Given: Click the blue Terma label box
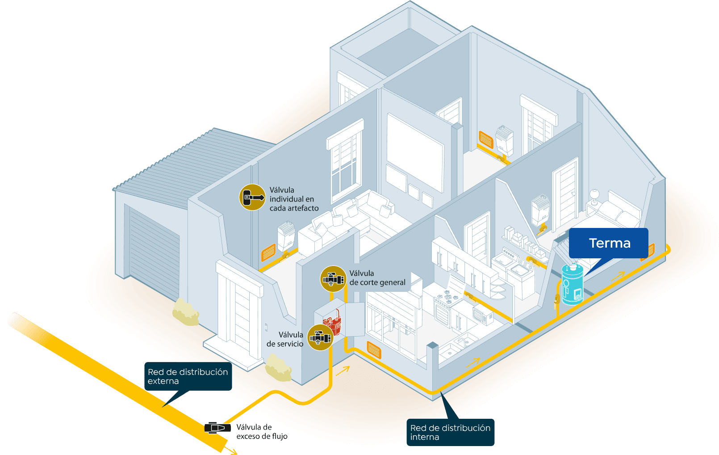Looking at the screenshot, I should click(608, 243).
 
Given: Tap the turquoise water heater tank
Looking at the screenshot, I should click(572, 285).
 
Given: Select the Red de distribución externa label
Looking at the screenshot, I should click(188, 376).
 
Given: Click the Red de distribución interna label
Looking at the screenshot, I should click(450, 432).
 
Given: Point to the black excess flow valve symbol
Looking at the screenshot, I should click(217, 428).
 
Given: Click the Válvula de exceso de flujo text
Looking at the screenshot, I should click(262, 432).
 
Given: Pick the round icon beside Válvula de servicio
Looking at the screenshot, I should click(320, 338).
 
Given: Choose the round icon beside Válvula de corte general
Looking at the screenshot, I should click(333, 279).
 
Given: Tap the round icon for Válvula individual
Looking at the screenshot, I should click(252, 197).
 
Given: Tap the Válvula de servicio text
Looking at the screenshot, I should click(285, 339).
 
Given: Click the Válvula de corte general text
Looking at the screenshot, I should click(377, 278).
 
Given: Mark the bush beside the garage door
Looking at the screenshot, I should click(186, 312).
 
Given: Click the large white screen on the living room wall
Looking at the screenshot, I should click(415, 152).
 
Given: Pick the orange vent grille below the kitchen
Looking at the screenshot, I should click(374, 350).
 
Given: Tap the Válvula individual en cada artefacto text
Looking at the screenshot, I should click(294, 199).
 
